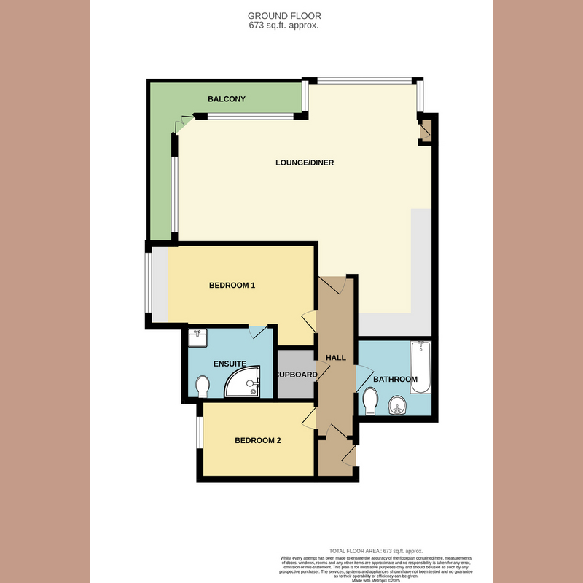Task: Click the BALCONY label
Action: coord(226,99)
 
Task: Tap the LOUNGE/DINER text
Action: coord(305,163)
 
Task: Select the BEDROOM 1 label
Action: coord(232,285)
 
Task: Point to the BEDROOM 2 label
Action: coord(257,440)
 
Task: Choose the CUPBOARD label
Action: coord(296,375)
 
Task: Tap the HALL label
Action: coord(336,357)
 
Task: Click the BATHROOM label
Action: coord(395,379)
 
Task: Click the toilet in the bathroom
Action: coord(370,400)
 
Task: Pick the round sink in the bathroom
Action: coord(398,403)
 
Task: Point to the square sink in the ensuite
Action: coord(197,338)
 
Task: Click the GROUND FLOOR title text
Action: coord(284,15)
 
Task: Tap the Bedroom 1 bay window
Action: coord(149,283)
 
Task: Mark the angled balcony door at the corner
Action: coord(184,125)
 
